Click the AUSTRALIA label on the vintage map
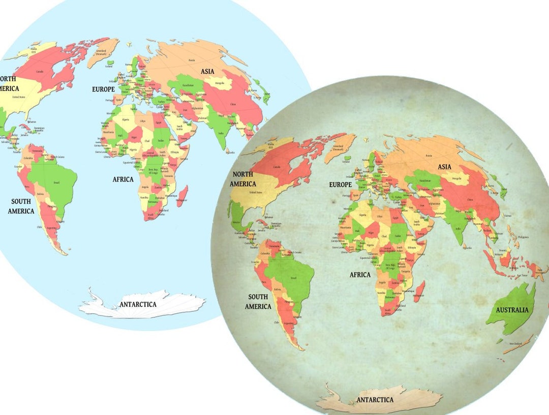(x=512, y=310)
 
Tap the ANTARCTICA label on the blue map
(x=138, y=304)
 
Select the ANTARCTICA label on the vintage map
(x=375, y=399)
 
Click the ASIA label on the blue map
(x=207, y=71)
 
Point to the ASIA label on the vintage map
(x=444, y=167)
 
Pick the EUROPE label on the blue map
(x=104, y=89)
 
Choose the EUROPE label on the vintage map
(x=340, y=185)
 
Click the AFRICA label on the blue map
(x=123, y=179)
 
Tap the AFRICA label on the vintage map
(x=360, y=275)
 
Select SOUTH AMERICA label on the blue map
(x=21, y=206)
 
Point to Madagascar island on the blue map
(x=182, y=195)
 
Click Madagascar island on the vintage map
(x=419, y=291)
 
